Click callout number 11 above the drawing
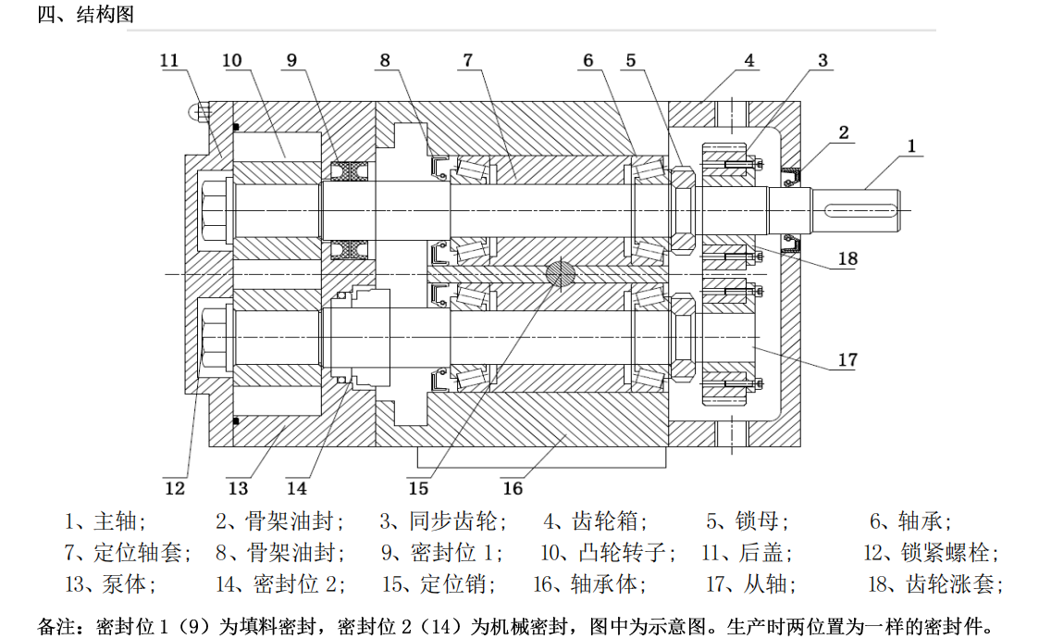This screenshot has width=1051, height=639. (169, 60)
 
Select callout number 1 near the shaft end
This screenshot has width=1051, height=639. (911, 145)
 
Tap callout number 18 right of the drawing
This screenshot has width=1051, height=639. (847, 258)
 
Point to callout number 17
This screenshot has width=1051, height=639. (847, 360)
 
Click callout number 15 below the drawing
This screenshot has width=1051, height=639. (418, 487)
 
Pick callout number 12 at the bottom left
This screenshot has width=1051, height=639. (175, 487)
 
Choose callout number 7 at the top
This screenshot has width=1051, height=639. (468, 60)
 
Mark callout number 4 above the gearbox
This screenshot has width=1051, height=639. (749, 60)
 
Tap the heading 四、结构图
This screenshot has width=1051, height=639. (85, 16)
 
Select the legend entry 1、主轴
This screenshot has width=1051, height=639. (105, 520)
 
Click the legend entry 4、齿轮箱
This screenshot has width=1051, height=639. (595, 520)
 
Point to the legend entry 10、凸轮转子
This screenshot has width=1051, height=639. (607, 553)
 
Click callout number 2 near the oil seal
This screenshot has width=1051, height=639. (844, 132)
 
